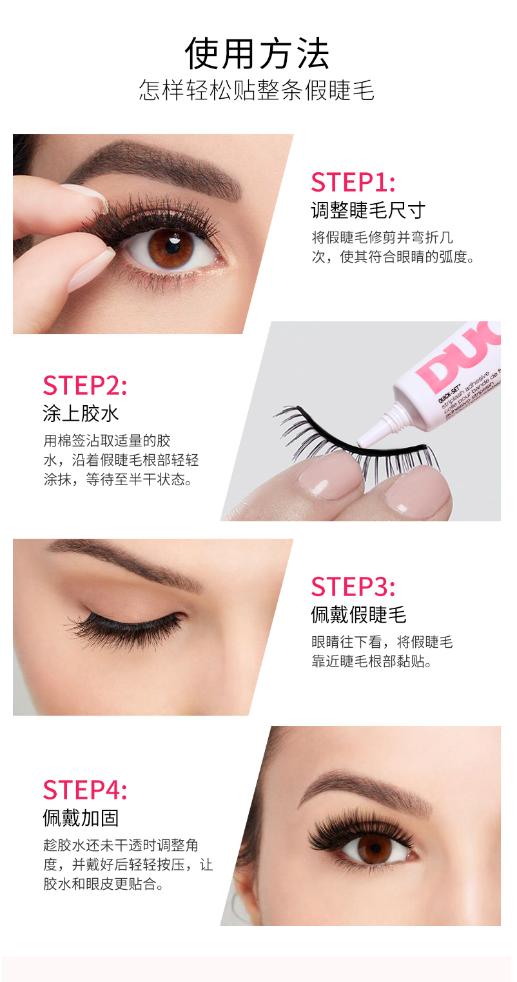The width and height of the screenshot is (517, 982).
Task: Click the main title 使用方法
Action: coord(257,54)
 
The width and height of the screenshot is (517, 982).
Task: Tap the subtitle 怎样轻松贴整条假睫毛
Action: coord(257,90)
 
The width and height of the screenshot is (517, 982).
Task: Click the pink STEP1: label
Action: coord(353,183)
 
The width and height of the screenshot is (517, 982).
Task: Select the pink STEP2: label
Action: coord(85,385)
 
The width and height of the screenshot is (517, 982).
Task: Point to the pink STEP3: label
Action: coord(353,586)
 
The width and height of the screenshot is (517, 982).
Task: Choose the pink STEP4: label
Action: coord(85,790)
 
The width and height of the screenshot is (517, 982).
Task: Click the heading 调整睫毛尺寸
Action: coord(368,210)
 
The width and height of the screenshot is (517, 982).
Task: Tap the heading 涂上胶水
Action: coord(81,414)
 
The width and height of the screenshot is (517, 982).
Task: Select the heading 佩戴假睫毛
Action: coord(358,615)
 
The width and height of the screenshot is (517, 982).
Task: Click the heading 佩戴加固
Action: coord(81,818)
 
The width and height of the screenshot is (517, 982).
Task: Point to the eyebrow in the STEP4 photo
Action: coord(364,789)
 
